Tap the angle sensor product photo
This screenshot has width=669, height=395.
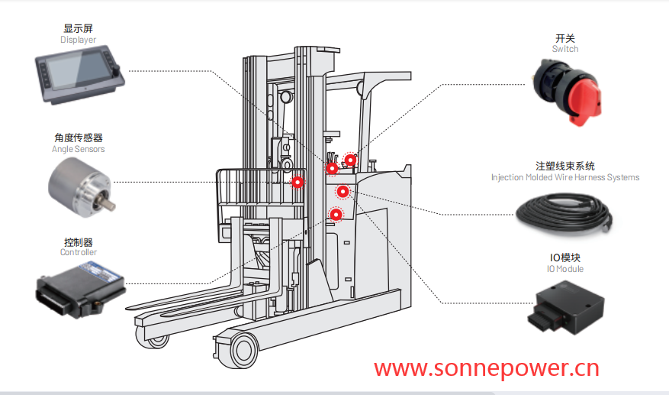[x=78, y=183]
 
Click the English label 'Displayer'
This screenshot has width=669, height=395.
[x=79, y=40]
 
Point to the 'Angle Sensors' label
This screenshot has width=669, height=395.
[x=78, y=149]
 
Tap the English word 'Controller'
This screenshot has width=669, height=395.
[x=79, y=252]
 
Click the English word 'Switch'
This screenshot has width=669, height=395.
[x=565, y=49]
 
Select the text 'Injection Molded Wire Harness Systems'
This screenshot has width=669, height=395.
[x=565, y=177]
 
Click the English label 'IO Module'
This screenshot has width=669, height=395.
[x=565, y=269]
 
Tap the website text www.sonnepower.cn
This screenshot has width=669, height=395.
[x=487, y=369]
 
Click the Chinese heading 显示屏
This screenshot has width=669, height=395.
[x=79, y=28]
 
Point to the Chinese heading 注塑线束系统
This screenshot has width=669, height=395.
[x=565, y=166]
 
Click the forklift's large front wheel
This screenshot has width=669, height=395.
[x=244, y=350]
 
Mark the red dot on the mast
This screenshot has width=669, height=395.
[x=298, y=182]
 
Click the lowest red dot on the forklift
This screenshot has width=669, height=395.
[x=336, y=215]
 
